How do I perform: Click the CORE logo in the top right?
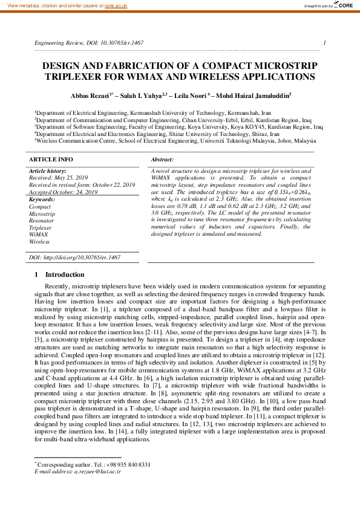coord(343,5)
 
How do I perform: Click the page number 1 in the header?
coord(326,43)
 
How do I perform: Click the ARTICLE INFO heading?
coord(51,159)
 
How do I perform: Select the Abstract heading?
coord(162,159)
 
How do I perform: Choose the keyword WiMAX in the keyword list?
coord(39,234)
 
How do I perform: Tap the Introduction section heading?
coord(69,275)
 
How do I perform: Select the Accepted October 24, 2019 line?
coord(64,192)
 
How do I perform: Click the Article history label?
coord(48,172)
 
